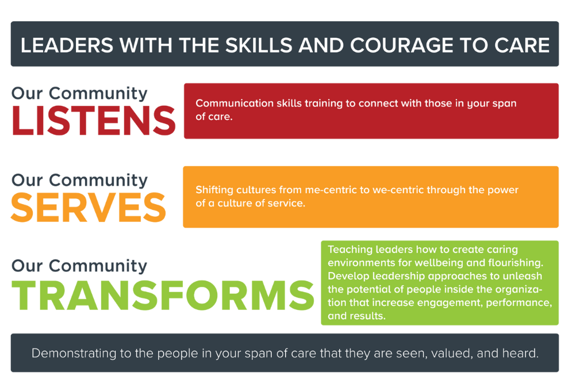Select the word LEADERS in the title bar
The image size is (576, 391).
pyautogui.click(x=67, y=45)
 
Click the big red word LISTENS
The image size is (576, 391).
pyautogui.click(x=94, y=121)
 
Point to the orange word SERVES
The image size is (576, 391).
pyautogui.click(x=89, y=208)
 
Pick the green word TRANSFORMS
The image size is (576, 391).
pyautogui.click(x=163, y=295)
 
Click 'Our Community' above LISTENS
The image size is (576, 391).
pyautogui.click(x=79, y=93)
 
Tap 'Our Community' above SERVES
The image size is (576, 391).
pyautogui.click(x=79, y=180)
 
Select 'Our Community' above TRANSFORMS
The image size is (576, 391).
pyautogui.click(x=79, y=266)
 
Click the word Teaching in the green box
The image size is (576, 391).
pyautogui.click(x=350, y=250)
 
